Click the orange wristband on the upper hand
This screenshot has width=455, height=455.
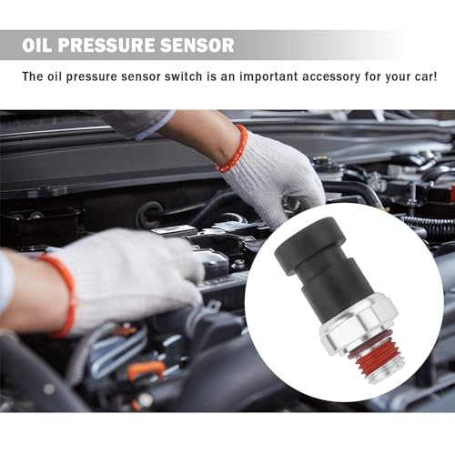[233, 149]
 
